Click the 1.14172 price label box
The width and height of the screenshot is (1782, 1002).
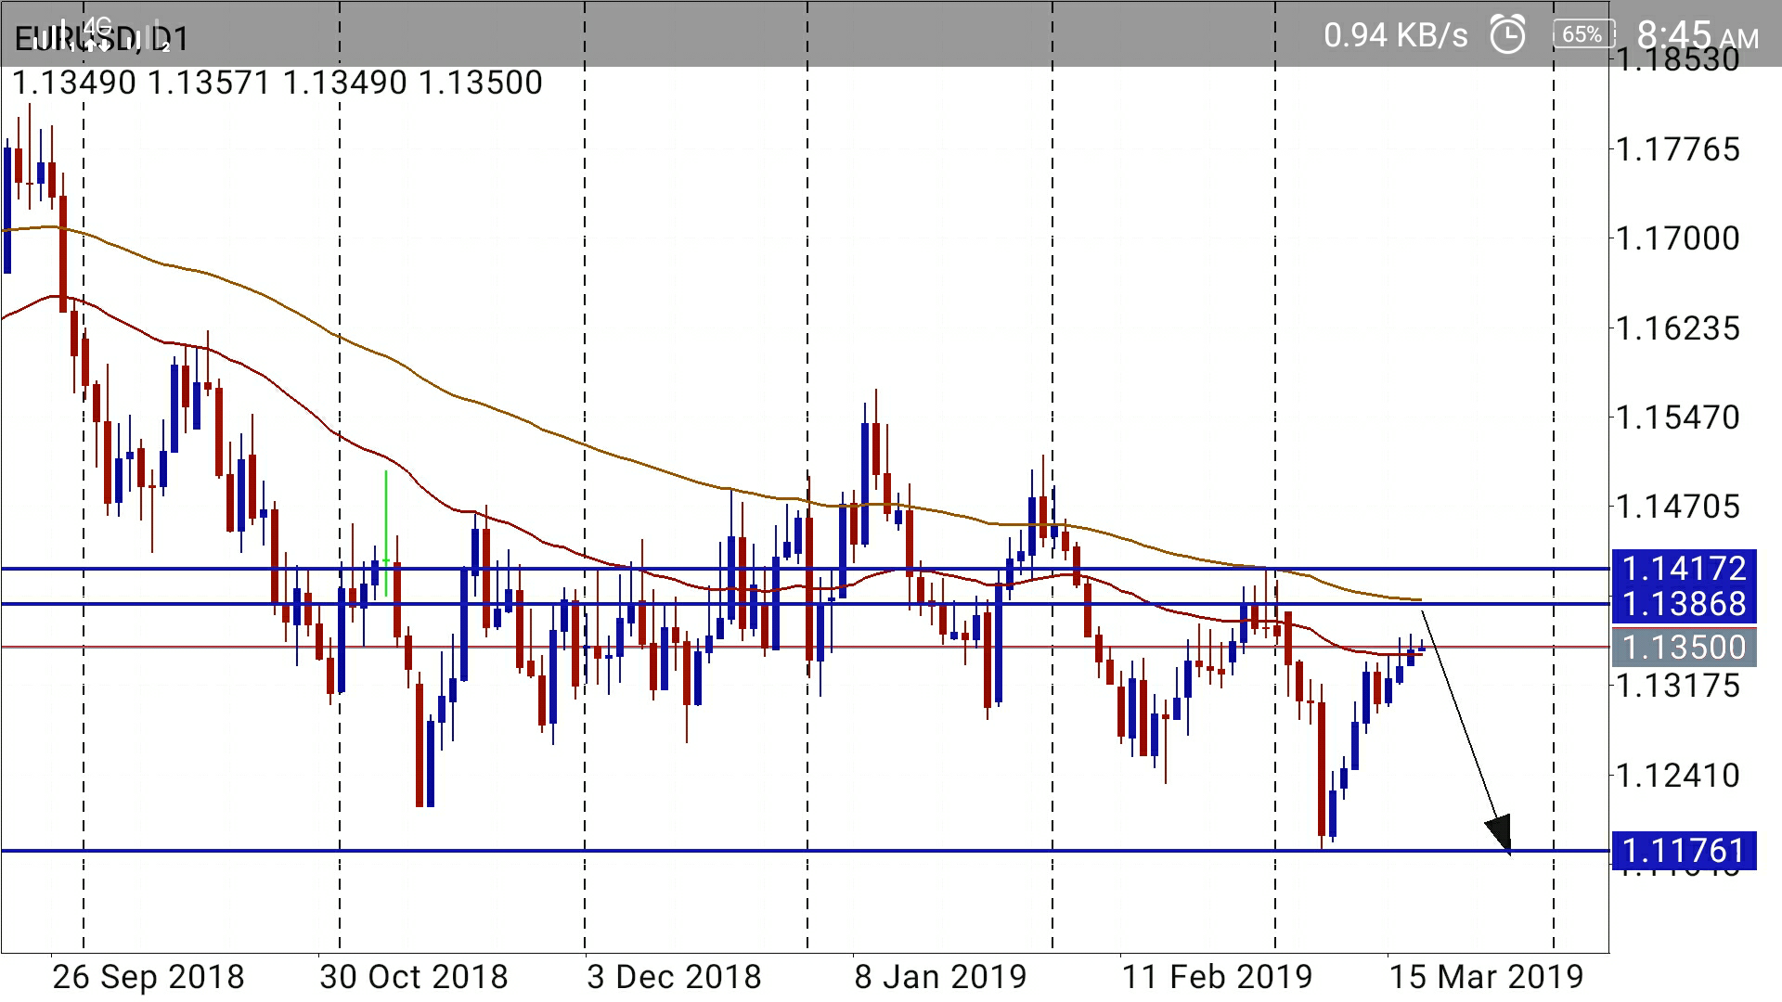1684,568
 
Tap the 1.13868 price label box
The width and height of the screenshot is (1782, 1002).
1684,604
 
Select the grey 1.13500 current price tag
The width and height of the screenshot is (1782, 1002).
1684,647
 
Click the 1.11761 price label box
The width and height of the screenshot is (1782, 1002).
1684,850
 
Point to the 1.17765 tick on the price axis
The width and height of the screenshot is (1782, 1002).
1677,149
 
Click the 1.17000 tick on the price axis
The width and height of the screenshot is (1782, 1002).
1677,238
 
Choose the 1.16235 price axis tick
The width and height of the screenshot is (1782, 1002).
1677,328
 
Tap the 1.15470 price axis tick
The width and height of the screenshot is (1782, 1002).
1677,417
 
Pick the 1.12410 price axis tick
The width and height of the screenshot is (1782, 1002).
1677,775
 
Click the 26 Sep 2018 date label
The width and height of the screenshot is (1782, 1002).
148,977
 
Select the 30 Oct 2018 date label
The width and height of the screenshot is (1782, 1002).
414,977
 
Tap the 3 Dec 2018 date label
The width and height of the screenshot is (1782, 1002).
674,977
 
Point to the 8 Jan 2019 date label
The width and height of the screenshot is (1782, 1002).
940,977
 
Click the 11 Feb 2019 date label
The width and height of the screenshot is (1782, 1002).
1217,977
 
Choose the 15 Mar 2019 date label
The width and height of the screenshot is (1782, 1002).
1485,977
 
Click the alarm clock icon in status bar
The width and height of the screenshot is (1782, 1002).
1507,35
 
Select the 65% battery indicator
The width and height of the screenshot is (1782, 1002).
1582,35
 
